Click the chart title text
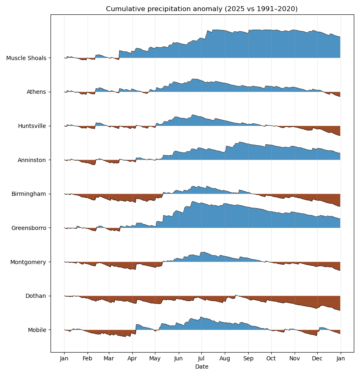pyautogui.click(x=202, y=9)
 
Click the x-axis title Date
pyautogui.click(x=202, y=367)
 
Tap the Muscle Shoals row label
pyautogui.click(x=26, y=58)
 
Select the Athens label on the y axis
pyautogui.click(x=36, y=92)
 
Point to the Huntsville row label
pyautogui.click(x=32, y=126)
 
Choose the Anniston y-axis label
pyautogui.click(x=32, y=160)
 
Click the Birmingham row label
pyautogui.click(x=29, y=194)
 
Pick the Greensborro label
pyautogui.click(x=29, y=228)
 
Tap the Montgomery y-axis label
pyautogui.click(x=28, y=262)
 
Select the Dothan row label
pyautogui.click(x=36, y=296)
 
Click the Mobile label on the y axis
pyautogui.click(x=37, y=330)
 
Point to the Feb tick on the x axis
pyautogui.click(x=88, y=359)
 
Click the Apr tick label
pyautogui.click(x=132, y=359)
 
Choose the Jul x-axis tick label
pyautogui.click(x=201, y=359)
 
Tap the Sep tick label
pyautogui.click(x=248, y=359)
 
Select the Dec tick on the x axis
pyautogui.click(x=317, y=359)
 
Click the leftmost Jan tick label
pyautogui.click(x=64, y=359)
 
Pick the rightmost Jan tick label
pyautogui.click(x=340, y=359)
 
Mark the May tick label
pyautogui.click(x=155, y=359)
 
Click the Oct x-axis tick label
pyautogui.click(x=271, y=359)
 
